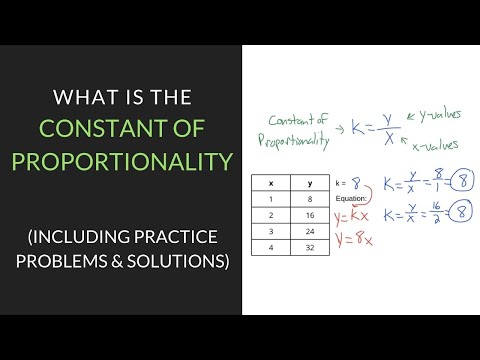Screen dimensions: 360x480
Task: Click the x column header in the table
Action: click(271, 184)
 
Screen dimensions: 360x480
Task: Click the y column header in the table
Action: click(310, 184)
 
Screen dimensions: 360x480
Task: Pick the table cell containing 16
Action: click(310, 215)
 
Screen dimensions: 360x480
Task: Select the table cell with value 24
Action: click(310, 231)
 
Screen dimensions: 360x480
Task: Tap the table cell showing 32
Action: click(310, 247)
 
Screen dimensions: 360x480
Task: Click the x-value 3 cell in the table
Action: click(271, 231)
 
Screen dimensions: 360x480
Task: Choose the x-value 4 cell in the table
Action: click(271, 247)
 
